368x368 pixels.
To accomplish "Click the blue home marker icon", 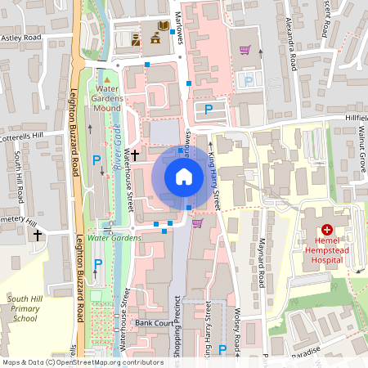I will tap(183, 176).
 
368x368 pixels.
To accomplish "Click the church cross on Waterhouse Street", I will tap(136, 153).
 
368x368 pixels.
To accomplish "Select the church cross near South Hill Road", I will tap(38, 236).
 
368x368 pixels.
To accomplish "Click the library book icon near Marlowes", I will tap(164, 26).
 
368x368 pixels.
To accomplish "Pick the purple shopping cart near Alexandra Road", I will tap(244, 49).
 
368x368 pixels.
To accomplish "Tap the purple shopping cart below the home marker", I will tap(197, 222).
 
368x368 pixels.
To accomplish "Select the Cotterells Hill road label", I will tap(32, 135).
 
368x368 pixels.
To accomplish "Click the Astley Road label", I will tap(21, 38).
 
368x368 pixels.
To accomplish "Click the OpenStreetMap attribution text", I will tap(82, 361).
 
